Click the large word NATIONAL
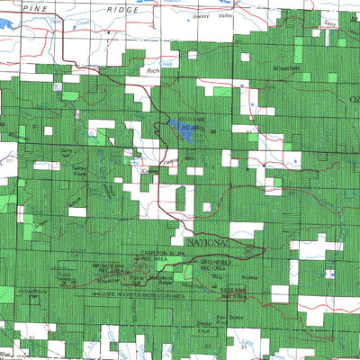(x=209, y=244)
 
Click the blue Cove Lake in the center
(x=184, y=130)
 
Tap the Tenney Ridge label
(x=79, y=171)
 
